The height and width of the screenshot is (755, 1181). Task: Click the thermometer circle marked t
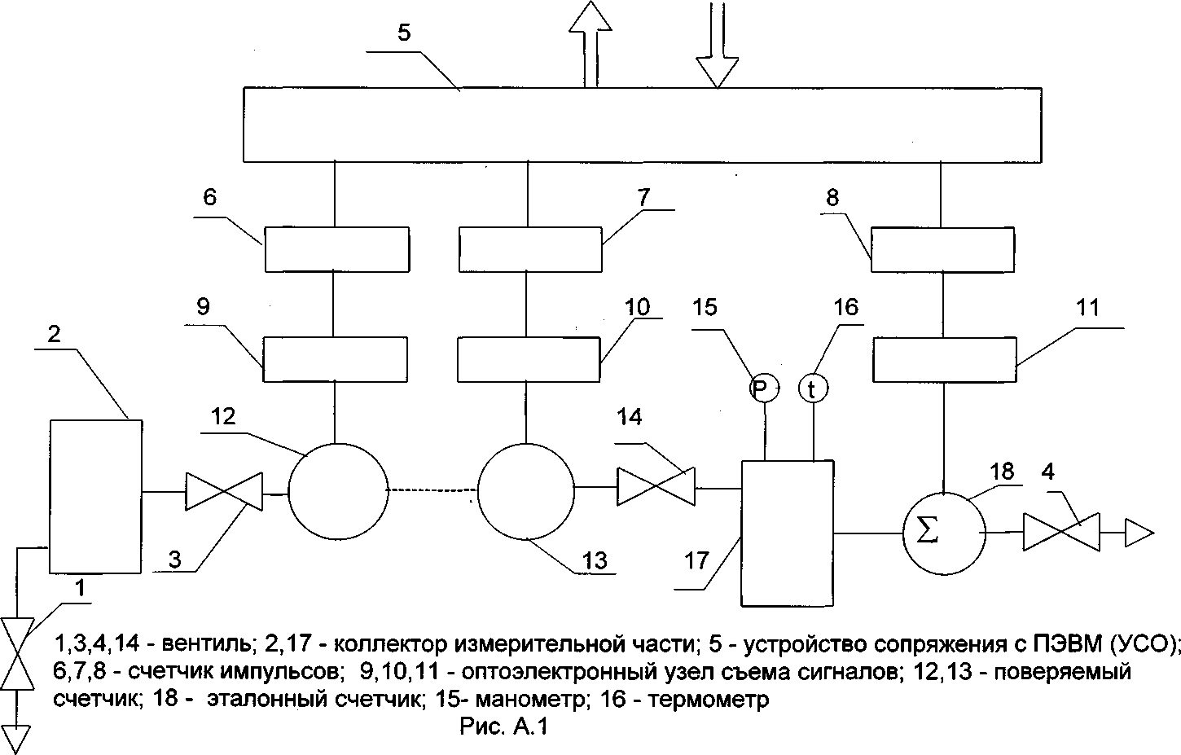click(x=812, y=388)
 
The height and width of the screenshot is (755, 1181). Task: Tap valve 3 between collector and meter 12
click(x=224, y=491)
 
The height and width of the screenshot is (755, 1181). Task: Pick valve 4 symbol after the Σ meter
click(x=1061, y=533)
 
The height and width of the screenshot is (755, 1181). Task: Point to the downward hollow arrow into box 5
click(x=718, y=49)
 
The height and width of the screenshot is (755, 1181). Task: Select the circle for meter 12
click(x=336, y=490)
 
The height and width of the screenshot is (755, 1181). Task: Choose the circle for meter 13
click(x=526, y=490)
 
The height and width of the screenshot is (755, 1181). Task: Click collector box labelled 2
click(x=96, y=496)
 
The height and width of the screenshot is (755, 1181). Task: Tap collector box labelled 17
click(x=787, y=533)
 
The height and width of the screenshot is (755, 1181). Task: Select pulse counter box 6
click(x=336, y=248)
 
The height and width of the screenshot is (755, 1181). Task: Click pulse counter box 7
click(x=529, y=248)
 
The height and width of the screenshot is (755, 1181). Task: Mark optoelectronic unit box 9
click(x=335, y=358)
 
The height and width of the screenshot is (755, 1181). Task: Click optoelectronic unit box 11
click(x=944, y=360)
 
